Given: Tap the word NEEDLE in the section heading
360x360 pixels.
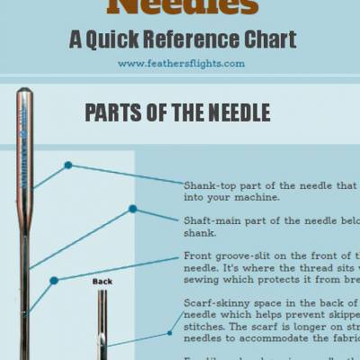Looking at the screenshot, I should (237, 113).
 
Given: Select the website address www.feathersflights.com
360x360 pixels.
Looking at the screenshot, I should (180, 63).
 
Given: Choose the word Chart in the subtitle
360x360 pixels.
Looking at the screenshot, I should (272, 40).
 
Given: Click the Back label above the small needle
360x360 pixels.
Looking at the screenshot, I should (103, 282).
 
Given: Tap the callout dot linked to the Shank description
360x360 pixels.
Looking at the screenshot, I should (67, 166).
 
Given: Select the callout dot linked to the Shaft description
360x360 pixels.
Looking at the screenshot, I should (132, 209).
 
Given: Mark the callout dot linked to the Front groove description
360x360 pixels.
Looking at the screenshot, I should (54, 281).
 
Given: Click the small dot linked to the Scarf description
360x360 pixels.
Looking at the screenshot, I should (167, 333).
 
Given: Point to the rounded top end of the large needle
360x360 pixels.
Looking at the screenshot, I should (24, 91).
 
